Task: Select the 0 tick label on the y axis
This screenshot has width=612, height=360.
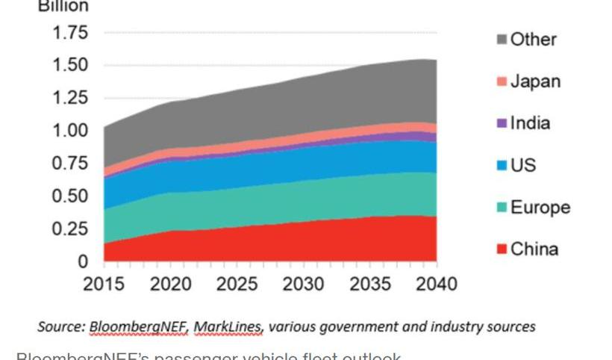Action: pyautogui.click(x=83, y=261)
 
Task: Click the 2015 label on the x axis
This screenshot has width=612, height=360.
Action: pyautogui.click(x=104, y=284)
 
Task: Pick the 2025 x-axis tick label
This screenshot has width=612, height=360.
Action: pyautogui.click(x=237, y=284)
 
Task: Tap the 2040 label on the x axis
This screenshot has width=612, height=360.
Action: pyautogui.click(x=436, y=284)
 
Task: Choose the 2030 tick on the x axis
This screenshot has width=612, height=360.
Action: pyautogui.click(x=304, y=284)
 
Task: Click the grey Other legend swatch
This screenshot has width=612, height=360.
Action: pyautogui.click(x=502, y=40)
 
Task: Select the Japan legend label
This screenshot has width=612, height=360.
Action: pyautogui.click(x=535, y=81)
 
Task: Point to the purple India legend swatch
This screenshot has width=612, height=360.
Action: pyautogui.click(x=502, y=123)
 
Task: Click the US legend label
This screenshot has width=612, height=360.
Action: pyautogui.click(x=523, y=165)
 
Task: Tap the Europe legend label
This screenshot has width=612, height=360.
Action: pyautogui.click(x=540, y=207)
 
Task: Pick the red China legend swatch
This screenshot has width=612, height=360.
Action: pyautogui.click(x=502, y=249)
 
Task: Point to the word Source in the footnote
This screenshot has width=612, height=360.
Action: pyautogui.click(x=60, y=326)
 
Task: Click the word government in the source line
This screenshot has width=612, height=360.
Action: pyautogui.click(x=352, y=326)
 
